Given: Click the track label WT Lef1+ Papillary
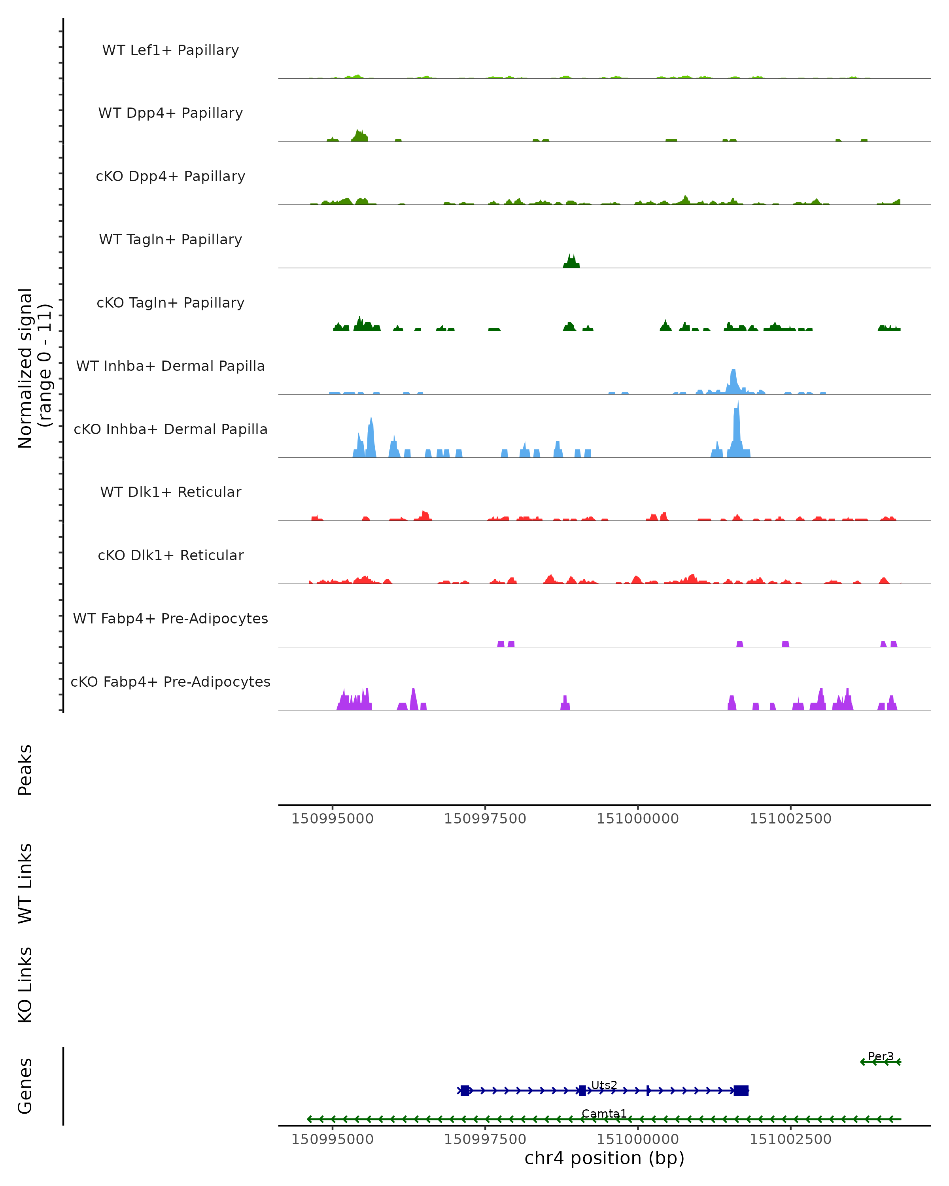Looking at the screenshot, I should pos(170,50).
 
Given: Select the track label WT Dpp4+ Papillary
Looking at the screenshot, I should pos(170,113).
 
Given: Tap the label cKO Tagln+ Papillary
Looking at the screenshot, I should pos(170,303).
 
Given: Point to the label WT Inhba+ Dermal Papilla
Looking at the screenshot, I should pos(170,366).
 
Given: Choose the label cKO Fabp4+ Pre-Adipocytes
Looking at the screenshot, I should pos(170,682).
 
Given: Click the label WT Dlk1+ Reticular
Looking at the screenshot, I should pos(170,492).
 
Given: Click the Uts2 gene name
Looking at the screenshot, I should pos(604,1085).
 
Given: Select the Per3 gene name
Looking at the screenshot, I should pos(881,1056).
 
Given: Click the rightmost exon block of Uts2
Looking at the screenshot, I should pos(741,1090).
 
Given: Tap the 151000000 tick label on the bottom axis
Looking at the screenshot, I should pos(638,1139).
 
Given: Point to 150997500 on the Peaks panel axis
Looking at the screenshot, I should pos(485,819).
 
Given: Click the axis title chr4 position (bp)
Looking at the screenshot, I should pos(604,1158).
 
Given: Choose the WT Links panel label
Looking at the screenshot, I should pos(25,883).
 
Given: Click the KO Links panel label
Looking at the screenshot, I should pos(25,985).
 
